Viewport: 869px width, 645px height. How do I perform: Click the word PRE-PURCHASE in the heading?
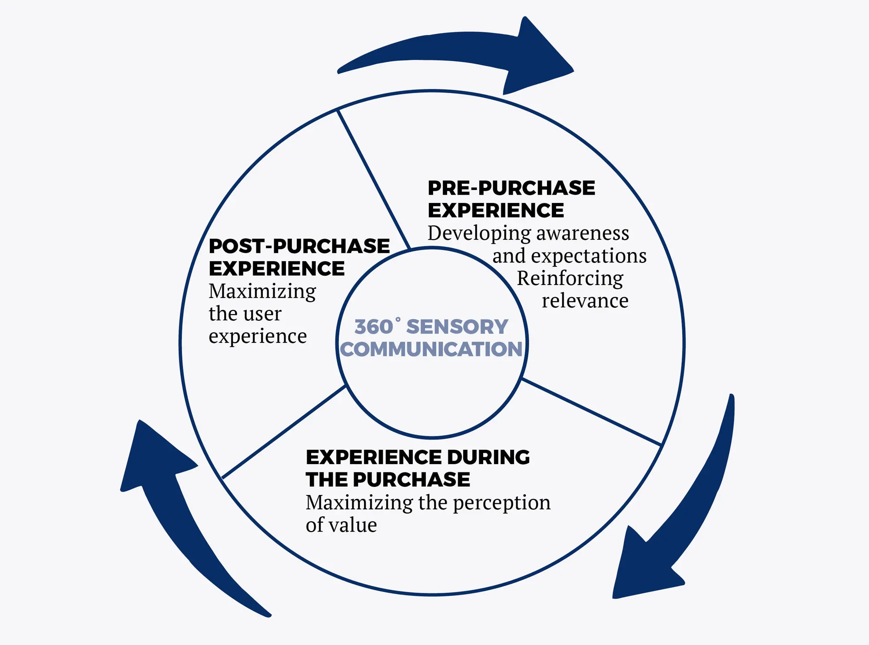click(511, 188)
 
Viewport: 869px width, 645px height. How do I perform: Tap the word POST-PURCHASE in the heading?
click(299, 246)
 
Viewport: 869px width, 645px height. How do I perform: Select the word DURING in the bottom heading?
click(488, 457)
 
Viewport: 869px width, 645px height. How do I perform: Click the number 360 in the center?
click(374, 327)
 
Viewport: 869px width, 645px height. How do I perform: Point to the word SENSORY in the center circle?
click(457, 327)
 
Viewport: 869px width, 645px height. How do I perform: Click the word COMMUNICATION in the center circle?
click(431, 349)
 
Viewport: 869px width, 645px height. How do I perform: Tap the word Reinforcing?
click(570, 279)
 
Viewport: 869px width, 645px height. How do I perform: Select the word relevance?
click(585, 301)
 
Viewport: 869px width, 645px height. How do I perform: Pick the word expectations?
click(588, 256)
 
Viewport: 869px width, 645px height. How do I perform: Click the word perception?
click(501, 503)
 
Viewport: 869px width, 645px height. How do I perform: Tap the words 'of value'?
click(341, 525)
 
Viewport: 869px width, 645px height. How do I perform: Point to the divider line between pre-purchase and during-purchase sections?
click(591, 412)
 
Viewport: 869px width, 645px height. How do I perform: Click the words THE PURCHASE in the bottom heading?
click(388, 480)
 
